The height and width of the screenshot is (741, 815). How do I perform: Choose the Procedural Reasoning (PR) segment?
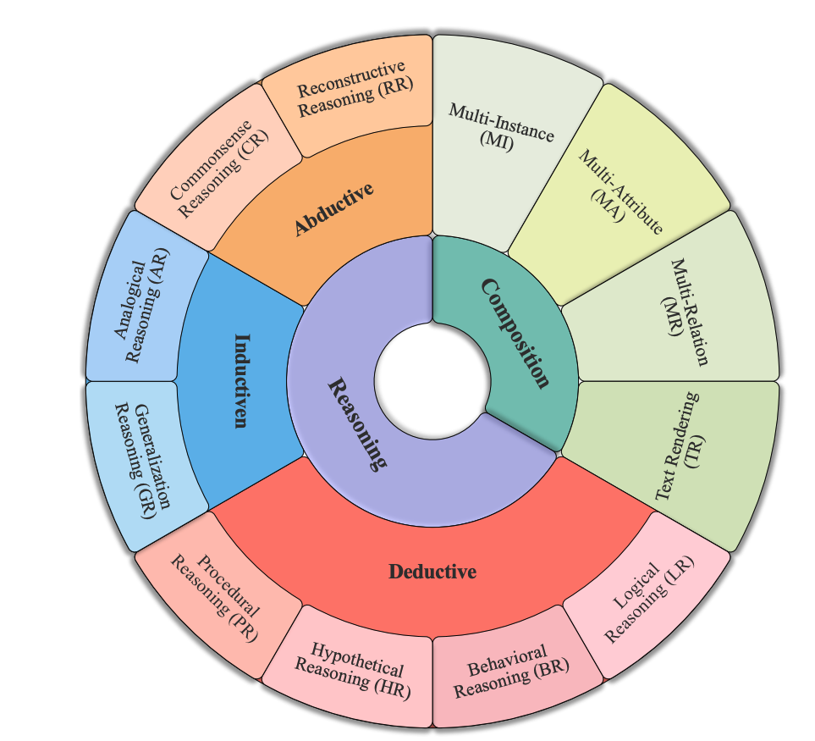pyautogui.click(x=217, y=598)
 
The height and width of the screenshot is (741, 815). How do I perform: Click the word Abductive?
pyautogui.click(x=334, y=208)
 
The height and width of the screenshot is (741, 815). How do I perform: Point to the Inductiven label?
pyautogui.click(x=241, y=380)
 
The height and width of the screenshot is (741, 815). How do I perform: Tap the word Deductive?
pyautogui.click(x=432, y=572)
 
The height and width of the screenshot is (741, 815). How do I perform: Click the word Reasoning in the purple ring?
pyautogui.click(x=356, y=423)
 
